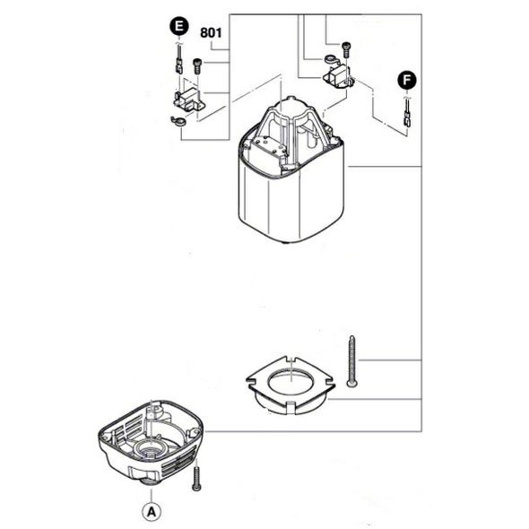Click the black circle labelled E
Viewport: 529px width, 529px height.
179,26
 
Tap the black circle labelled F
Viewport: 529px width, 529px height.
407,81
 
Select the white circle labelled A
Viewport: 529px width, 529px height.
152,512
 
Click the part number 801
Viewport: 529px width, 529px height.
211,32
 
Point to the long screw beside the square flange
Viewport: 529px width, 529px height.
351,360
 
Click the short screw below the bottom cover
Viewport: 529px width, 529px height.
196,479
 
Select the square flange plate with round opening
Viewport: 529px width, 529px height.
291,386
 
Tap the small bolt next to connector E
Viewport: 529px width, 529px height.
197,66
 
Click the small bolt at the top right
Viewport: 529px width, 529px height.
346,49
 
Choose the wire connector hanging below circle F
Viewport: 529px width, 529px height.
407,115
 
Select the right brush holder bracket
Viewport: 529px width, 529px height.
339,77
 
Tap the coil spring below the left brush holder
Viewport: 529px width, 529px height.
178,120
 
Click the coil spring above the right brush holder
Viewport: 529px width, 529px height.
331,60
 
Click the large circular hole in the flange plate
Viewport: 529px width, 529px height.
291,382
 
